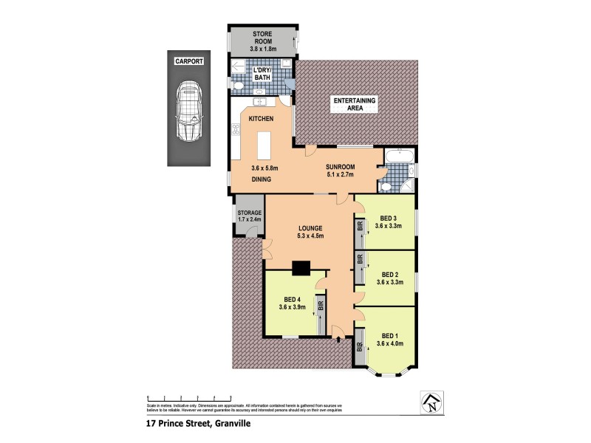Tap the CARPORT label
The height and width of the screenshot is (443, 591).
click(189, 61)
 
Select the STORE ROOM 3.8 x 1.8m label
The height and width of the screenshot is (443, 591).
click(264, 38)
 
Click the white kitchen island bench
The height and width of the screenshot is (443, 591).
click(264, 145)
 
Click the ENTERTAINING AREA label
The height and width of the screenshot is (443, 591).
click(355, 104)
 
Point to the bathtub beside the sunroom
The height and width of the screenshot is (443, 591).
click(398, 157)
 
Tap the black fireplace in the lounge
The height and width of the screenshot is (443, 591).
click(301, 269)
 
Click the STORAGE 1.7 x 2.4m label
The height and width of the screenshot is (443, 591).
click(248, 216)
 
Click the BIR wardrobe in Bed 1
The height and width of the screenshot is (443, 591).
click(361, 346)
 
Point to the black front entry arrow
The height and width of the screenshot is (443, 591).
click(338, 340)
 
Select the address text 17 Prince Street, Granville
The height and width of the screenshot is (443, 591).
click(200, 424)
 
